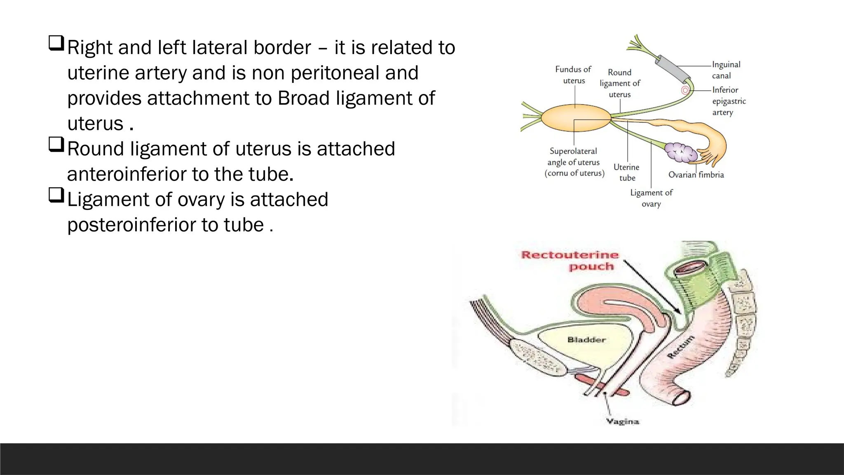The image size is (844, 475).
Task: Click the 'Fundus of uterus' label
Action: [x=573, y=75]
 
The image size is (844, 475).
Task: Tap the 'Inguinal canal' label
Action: [x=726, y=70]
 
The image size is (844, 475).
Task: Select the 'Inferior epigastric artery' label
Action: [x=729, y=101]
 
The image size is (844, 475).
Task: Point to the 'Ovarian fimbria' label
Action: [x=696, y=175]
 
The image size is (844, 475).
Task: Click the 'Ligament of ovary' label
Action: [x=651, y=198]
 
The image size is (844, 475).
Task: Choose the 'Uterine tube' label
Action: [x=626, y=172]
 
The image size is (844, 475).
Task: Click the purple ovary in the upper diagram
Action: [x=681, y=152]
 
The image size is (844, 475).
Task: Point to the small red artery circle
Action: [x=685, y=90]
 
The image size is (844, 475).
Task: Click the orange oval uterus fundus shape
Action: [x=576, y=118]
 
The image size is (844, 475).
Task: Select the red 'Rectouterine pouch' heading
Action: [x=570, y=260]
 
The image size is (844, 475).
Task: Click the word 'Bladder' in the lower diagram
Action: [x=586, y=340]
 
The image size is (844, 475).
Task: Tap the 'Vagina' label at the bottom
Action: [x=622, y=421]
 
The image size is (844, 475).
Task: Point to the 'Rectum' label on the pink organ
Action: [x=680, y=348]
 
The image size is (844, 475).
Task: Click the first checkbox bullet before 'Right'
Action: [x=56, y=43]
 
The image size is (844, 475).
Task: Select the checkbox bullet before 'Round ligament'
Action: [x=56, y=144]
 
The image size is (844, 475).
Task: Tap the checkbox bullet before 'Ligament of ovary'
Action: [x=56, y=195]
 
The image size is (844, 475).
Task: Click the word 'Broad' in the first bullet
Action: [x=303, y=99]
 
